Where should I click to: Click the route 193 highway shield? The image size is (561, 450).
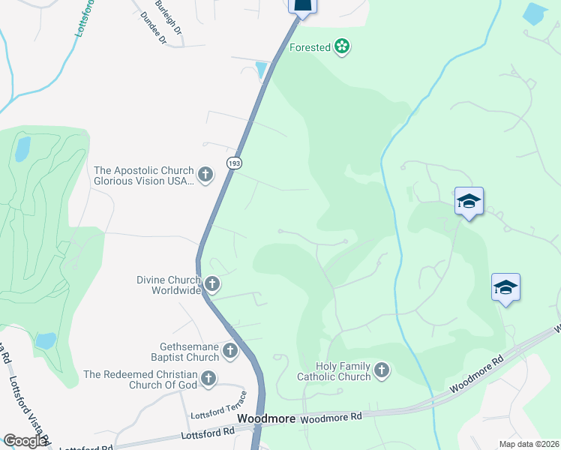tap(232, 164)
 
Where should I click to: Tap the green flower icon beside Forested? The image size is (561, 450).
tap(343, 47)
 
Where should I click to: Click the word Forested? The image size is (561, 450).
tap(310, 47)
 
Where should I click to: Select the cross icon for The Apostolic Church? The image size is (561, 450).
tap(205, 175)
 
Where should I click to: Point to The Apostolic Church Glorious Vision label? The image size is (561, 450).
tap(143, 175)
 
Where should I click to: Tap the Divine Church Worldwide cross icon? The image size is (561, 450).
tap(213, 284)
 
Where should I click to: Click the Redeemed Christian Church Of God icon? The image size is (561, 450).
tap(208, 379)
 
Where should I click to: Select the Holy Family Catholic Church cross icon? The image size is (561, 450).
tap(382, 370)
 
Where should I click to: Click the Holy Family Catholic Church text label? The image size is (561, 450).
tap(334, 371)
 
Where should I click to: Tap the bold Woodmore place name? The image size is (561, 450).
tap(265, 418)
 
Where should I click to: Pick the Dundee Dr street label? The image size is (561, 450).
tap(152, 29)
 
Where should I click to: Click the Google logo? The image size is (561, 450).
tap(25, 441)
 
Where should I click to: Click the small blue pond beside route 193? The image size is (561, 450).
tap(261, 70)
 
